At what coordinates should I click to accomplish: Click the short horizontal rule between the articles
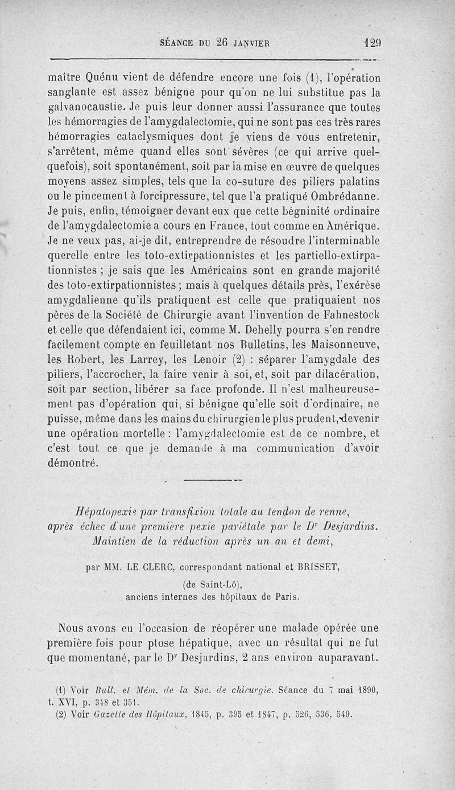tap(213, 480)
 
